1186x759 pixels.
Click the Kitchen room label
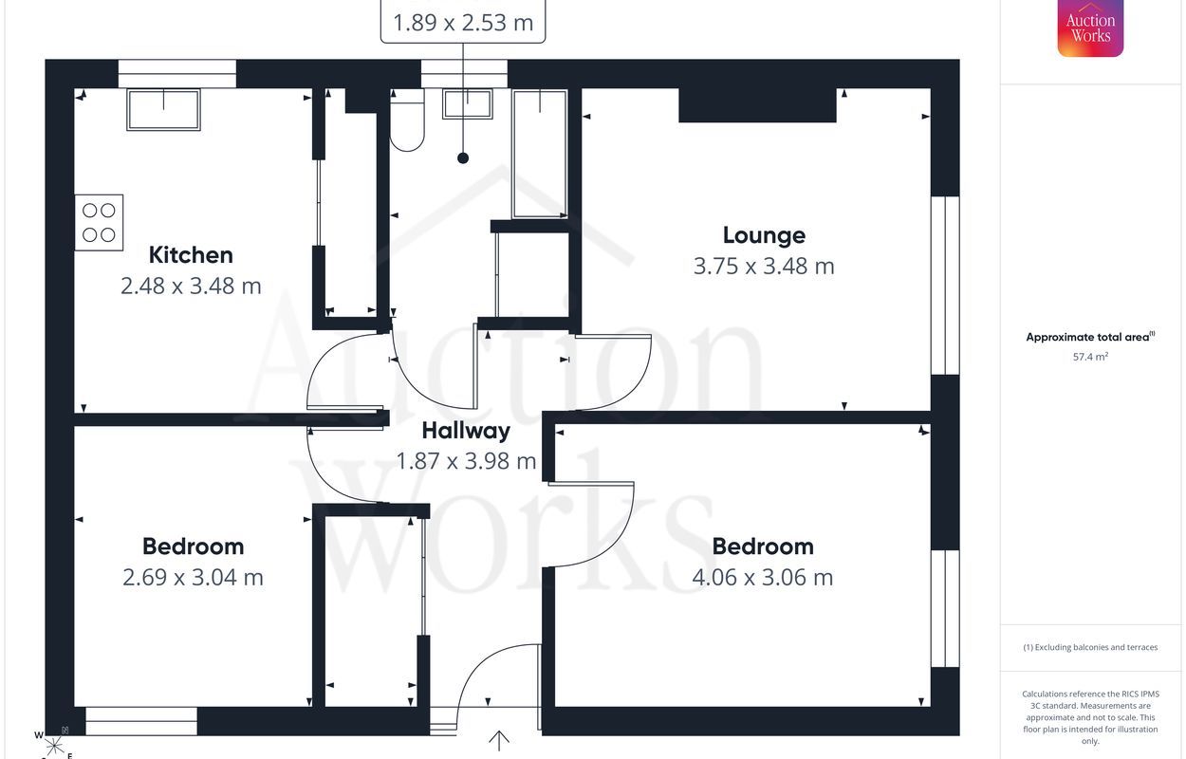191,255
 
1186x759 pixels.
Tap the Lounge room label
764,235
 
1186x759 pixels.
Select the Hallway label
466,431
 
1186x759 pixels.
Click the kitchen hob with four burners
99,222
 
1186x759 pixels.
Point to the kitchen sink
163,109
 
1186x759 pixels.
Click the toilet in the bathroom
407,120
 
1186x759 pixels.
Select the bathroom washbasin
468,103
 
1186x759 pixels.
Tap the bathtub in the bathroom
540,154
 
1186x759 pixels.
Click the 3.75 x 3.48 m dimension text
764,267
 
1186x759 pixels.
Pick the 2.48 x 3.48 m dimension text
191,287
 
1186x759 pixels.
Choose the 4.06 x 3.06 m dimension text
763,578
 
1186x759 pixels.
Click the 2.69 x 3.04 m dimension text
193,578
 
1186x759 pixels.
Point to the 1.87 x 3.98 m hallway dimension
466,461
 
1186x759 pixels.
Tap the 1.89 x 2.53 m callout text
463,23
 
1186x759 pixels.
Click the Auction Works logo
1090,28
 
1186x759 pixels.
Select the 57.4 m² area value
1090,357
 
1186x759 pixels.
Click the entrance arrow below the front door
498,741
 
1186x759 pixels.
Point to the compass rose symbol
53,745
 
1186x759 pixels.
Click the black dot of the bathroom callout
463,157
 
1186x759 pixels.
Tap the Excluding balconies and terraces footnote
1090,647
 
